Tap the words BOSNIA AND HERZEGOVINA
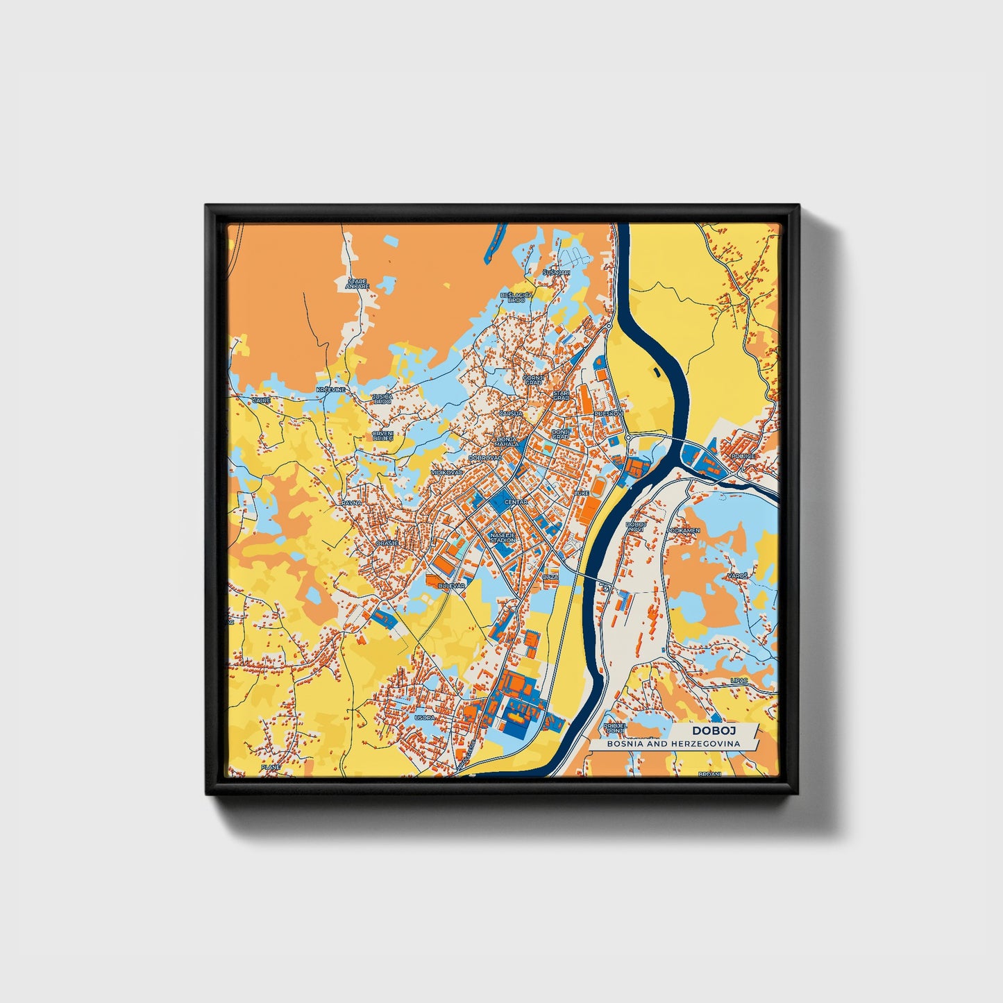tap(673, 744)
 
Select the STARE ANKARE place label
tap(358, 284)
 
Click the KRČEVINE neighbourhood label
tap(330, 390)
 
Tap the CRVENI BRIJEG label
tap(382, 435)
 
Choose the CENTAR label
tap(516, 502)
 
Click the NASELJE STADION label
tap(503, 537)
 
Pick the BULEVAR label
tap(451, 586)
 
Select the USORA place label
tap(423, 718)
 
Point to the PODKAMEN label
tap(683, 530)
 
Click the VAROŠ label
tap(737, 576)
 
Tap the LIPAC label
tap(739, 681)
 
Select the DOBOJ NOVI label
tap(635, 527)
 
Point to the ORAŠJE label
tap(387, 543)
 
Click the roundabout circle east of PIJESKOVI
tap(627, 439)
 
